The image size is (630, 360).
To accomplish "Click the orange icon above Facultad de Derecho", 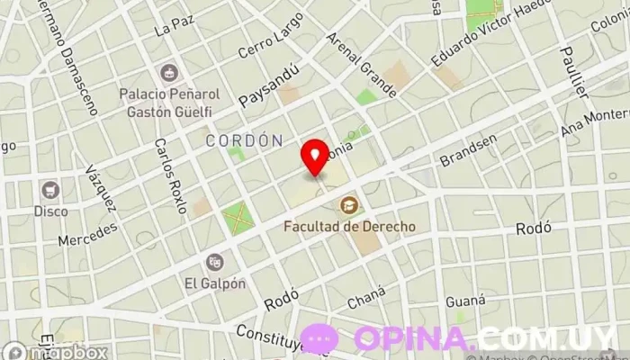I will click(349, 206).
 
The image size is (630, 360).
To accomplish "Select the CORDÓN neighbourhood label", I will click(244, 140).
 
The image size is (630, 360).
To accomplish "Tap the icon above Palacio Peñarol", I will click(166, 71).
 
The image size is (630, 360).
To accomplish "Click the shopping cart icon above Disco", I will click(50, 190).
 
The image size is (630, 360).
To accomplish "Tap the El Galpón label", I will click(215, 283).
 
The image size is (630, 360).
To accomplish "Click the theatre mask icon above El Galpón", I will click(214, 261).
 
